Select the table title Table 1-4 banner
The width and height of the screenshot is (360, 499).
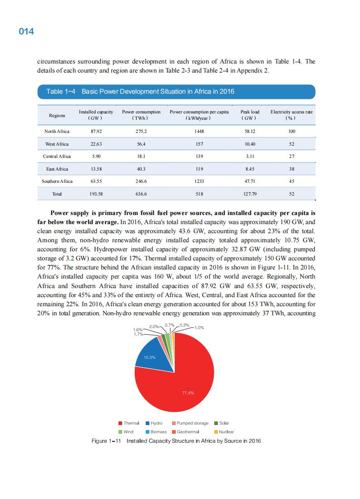coord(176,92)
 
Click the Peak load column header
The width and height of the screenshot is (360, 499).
coord(250,115)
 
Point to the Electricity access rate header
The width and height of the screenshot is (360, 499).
coord(291,115)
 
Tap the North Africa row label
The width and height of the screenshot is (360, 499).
coord(57,131)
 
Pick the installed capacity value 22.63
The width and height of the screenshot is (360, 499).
coord(96,144)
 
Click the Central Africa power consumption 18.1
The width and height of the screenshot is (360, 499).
coord(141,156)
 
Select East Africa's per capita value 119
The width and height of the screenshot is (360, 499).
coord(199,169)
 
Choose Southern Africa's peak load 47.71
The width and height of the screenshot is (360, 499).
coord(250,181)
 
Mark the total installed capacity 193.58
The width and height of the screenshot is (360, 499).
coord(96,194)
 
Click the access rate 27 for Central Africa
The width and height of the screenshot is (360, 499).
coord(291,156)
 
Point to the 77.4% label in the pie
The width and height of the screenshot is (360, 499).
coord(188,393)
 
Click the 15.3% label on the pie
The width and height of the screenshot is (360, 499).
coord(150,357)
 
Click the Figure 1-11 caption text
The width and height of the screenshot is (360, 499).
coord(176,441)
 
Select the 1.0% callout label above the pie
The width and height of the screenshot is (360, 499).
coord(200,327)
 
